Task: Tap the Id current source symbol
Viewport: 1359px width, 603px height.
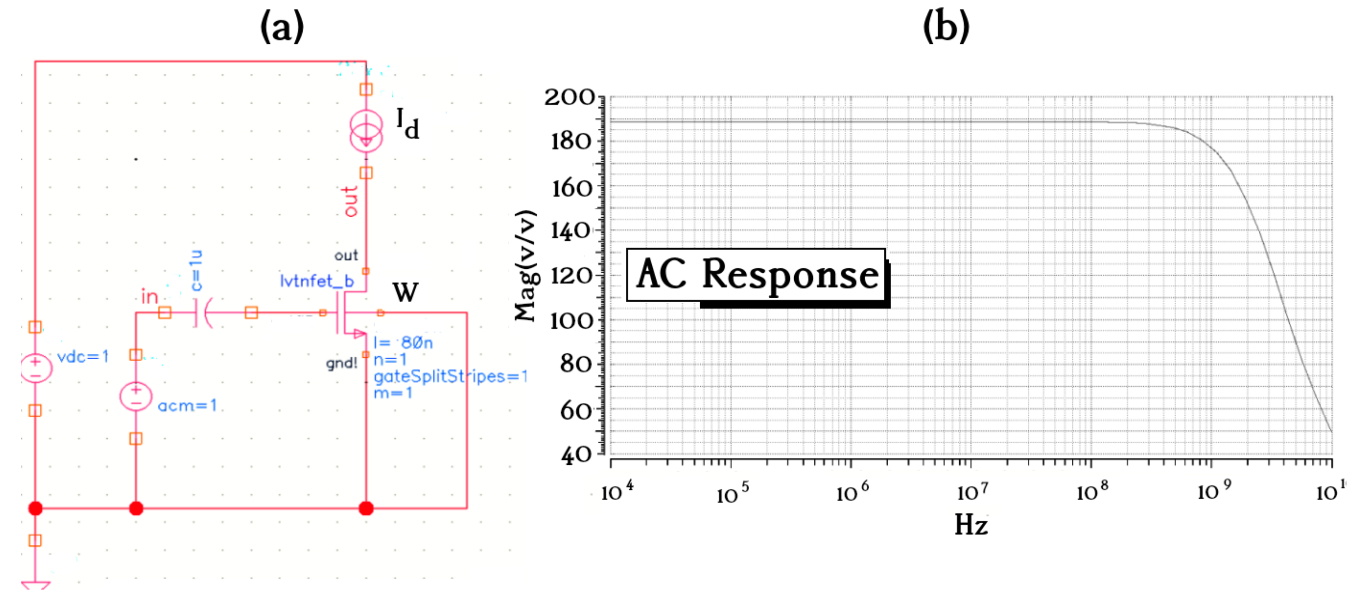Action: (366, 130)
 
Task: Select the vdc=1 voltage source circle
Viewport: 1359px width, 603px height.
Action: (36, 368)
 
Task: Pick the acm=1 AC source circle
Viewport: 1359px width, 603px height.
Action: (136, 397)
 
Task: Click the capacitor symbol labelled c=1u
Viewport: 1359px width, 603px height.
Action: (203, 313)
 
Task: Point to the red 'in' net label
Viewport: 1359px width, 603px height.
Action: (150, 297)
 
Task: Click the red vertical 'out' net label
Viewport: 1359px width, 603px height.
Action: (350, 201)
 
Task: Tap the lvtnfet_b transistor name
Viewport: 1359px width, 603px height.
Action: (317, 281)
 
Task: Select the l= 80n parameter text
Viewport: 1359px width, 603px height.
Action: (403, 343)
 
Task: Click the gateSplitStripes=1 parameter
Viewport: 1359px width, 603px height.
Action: (450, 376)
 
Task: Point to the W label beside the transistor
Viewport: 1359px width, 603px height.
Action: (405, 292)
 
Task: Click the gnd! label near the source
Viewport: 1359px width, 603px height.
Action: (341, 363)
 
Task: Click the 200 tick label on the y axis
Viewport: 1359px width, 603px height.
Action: (570, 97)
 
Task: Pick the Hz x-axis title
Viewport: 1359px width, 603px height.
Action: (971, 525)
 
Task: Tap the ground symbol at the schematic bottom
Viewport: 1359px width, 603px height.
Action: (36, 585)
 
